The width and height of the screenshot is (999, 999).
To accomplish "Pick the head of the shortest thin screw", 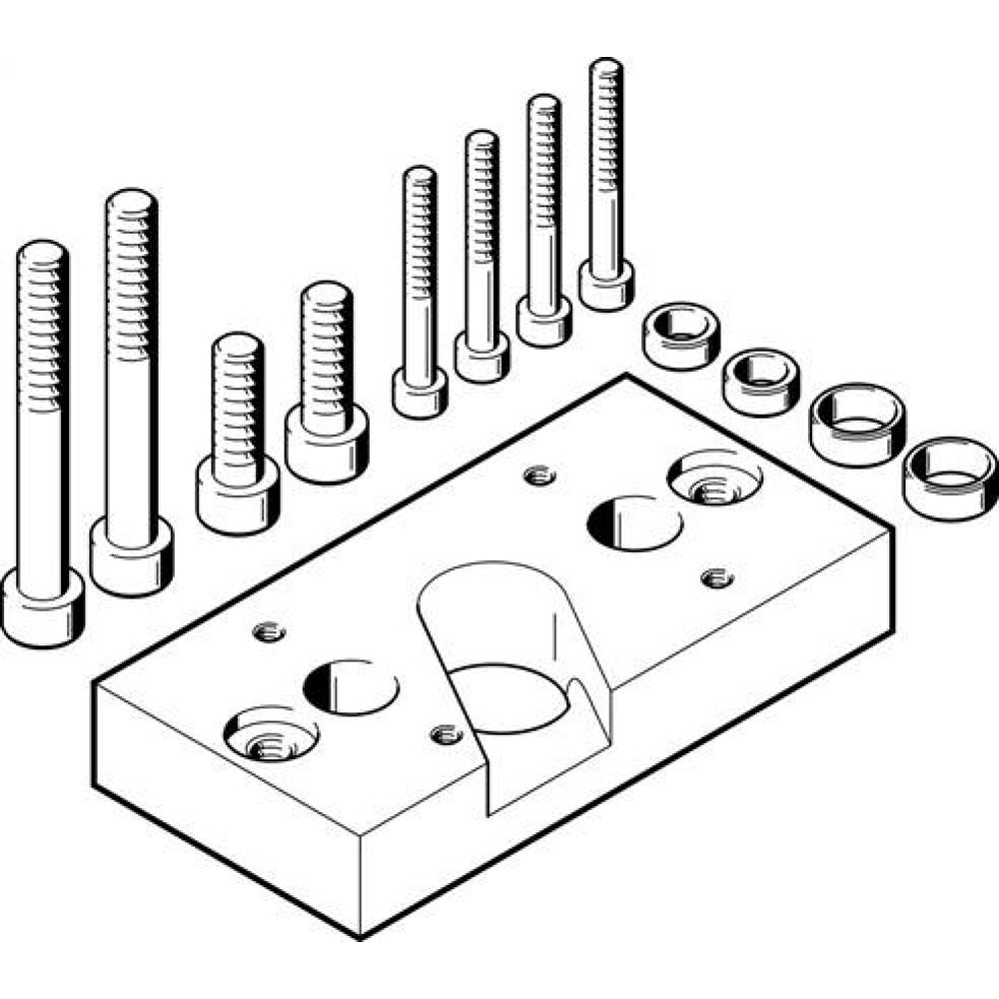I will [x=420, y=393].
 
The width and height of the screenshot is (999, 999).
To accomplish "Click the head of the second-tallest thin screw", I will [x=543, y=319].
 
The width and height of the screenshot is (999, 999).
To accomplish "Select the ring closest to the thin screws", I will [x=679, y=336].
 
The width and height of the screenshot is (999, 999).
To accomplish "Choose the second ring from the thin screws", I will [x=762, y=381].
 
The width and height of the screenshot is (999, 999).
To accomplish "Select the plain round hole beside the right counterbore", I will [x=633, y=521].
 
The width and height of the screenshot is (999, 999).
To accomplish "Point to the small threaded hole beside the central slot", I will [x=446, y=735].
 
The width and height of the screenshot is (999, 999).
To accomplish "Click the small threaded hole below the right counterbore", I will [x=716, y=577].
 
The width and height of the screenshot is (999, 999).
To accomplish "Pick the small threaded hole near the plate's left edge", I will [x=269, y=631].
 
